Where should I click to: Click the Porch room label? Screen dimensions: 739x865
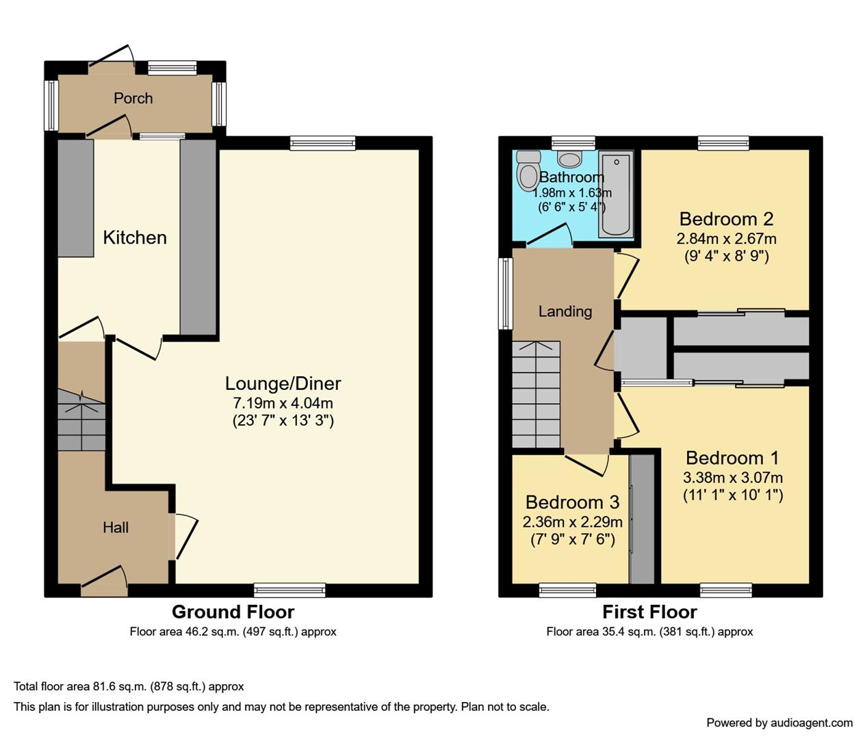[x=133, y=98]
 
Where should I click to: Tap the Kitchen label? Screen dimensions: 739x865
[x=135, y=237]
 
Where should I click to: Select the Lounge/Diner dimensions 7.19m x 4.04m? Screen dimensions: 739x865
[x=283, y=403]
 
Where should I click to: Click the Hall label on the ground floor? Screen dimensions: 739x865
[x=116, y=527]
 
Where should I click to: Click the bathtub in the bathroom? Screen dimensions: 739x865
[x=616, y=195]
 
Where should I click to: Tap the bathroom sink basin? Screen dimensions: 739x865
[x=569, y=159]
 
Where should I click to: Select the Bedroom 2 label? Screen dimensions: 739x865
[x=726, y=219]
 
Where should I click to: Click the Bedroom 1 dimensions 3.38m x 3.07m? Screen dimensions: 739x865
[x=733, y=478]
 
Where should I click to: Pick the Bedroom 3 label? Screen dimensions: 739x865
[x=572, y=502]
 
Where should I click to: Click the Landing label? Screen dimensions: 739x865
[x=565, y=311]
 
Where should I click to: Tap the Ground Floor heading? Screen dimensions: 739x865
[x=233, y=612]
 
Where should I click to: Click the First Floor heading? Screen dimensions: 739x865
[x=649, y=612]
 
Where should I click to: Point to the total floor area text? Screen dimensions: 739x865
[x=129, y=686]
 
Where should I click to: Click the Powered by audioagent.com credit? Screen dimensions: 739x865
[x=779, y=723]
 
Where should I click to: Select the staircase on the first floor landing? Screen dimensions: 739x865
[x=536, y=395]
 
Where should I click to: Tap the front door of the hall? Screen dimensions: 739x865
[x=104, y=582]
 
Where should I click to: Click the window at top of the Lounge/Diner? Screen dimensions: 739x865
[x=322, y=143]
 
